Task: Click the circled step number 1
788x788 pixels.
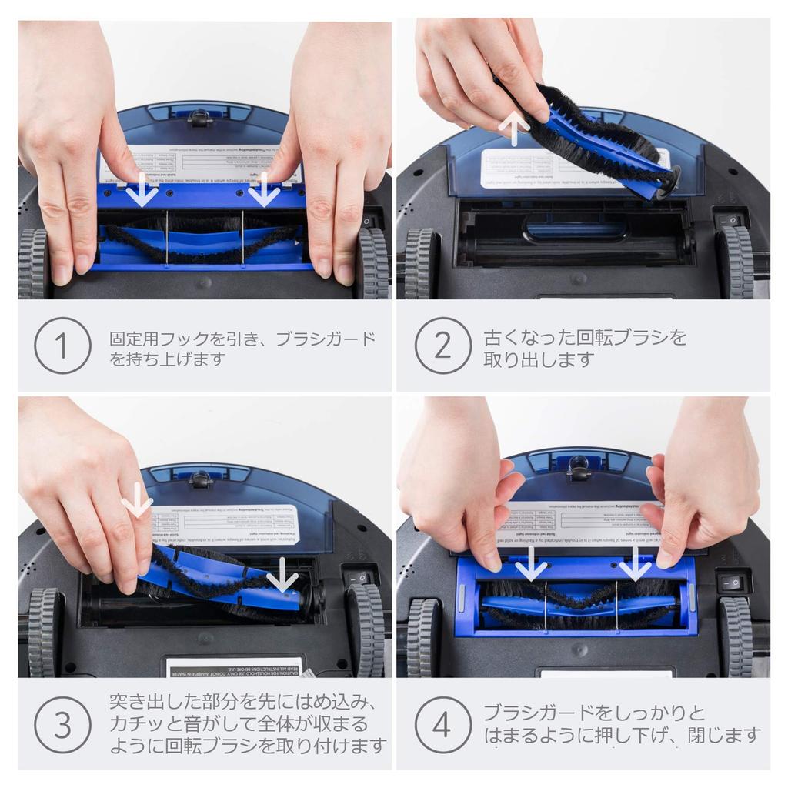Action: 62,346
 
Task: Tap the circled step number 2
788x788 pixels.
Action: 442,346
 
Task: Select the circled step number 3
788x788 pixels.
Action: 62,724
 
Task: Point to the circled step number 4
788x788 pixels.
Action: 442,724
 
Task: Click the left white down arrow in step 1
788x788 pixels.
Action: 142,189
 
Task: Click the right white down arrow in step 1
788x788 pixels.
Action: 264,189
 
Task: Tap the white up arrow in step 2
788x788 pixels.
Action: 514,125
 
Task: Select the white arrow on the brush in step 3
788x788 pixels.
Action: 282,574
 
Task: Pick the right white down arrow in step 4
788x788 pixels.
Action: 635,563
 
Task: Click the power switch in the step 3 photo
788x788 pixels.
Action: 359,577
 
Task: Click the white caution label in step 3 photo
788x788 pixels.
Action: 235,666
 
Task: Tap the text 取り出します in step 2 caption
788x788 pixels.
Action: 539,359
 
